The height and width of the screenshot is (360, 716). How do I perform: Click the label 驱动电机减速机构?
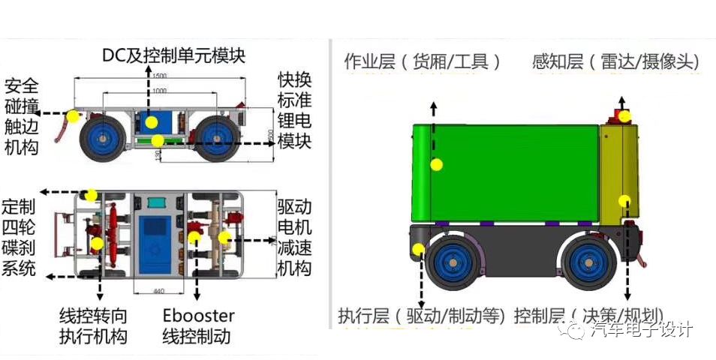pyautogui.click(x=294, y=237)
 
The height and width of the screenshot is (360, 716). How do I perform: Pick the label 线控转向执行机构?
pyautogui.click(x=93, y=325)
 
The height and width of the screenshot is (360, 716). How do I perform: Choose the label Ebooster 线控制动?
pyautogui.click(x=198, y=325)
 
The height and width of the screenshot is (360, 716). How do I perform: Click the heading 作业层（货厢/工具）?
pyautogui.click(x=423, y=61)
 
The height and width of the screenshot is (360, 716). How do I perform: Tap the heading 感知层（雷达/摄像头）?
pyautogui.click(x=615, y=61)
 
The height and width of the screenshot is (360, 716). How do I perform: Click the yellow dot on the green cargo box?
pyautogui.click(x=436, y=164)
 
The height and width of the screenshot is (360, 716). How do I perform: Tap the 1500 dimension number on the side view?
pyautogui.click(x=158, y=76)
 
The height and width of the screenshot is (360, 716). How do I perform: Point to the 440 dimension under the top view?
pyautogui.click(x=158, y=290)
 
